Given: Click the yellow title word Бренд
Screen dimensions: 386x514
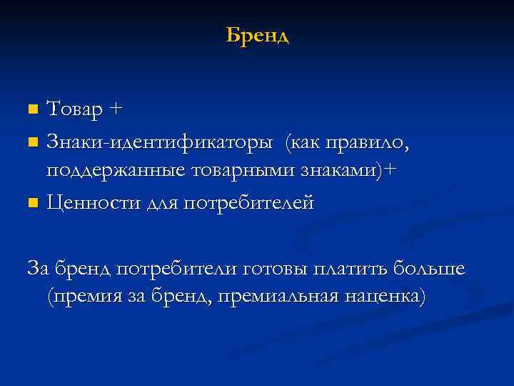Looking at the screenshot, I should click(257, 35).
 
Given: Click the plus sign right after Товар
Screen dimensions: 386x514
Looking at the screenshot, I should click(117, 111).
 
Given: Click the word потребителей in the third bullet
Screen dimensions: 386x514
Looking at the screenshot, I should click(249, 204).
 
